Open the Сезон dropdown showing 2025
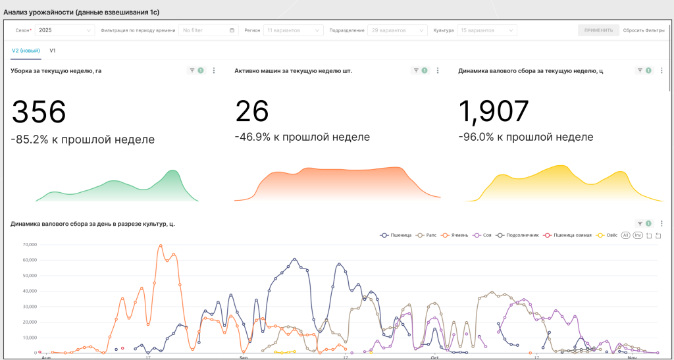tap(65, 30)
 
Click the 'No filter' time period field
tap(208, 30)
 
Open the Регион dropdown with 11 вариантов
tap(293, 30)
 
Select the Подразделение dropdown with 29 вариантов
tap(397, 30)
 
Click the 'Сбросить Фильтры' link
tap(644, 30)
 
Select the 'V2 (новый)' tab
tap(26, 51)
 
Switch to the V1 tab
tap(53, 51)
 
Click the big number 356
tap(39, 112)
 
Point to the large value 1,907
tap(494, 112)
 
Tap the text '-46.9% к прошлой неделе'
tap(302, 137)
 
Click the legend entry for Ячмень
tap(456, 235)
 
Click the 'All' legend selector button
tap(626, 235)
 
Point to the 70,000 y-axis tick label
tap(28, 245)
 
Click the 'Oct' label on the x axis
tap(434, 357)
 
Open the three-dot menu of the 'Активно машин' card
tap(438, 70)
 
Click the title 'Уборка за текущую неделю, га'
tap(56, 70)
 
